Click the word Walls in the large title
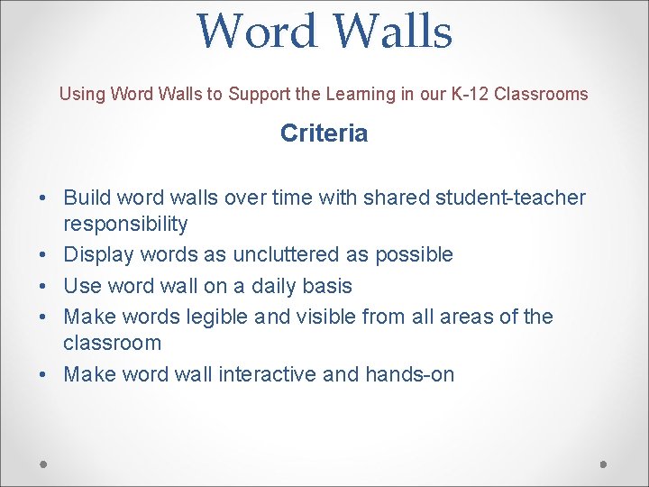click(392, 31)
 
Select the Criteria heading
click(324, 133)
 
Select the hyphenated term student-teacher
click(510, 198)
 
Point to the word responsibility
click(125, 224)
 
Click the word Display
click(96, 255)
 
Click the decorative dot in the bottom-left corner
click(44, 464)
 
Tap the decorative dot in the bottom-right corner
click(604, 464)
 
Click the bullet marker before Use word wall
click(45, 286)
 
